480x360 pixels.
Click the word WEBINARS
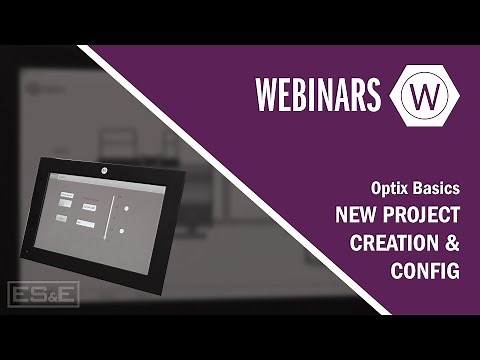pos(318,95)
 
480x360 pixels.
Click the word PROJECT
pos(422,215)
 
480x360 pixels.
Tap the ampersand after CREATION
pos(452,243)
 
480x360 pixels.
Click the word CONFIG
pos(423,271)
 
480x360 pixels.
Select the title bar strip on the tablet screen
pos(90,181)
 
